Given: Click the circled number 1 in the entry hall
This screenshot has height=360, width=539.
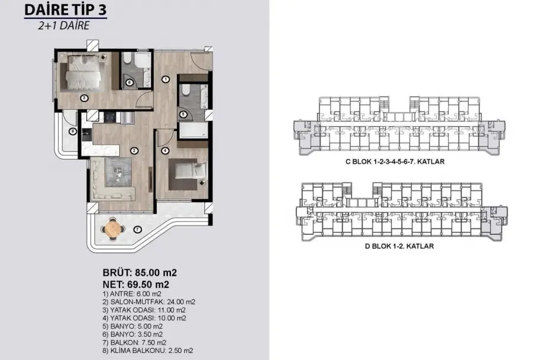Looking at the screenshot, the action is tap(166, 79).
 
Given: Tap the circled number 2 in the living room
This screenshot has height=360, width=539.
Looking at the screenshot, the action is tap(134, 151).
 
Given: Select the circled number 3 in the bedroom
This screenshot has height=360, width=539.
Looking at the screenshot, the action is tap(84, 98).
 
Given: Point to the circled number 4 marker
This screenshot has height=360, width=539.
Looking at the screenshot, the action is tap(166, 151).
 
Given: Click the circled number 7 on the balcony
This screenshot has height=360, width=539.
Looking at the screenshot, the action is tap(137, 230).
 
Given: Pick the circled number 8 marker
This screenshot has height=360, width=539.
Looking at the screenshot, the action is tap(72, 131).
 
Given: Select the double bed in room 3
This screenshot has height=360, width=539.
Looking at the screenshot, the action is tap(84, 72).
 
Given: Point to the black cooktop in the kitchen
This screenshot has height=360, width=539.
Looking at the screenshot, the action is tap(110, 117).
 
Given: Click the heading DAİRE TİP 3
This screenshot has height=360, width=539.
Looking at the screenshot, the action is tap(65, 10).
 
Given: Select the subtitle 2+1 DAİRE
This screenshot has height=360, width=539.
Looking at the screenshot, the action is tap(64, 26).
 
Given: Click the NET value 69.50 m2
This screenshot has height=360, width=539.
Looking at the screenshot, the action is tap(148, 285).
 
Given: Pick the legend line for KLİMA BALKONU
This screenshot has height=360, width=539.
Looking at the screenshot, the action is tap(148, 351).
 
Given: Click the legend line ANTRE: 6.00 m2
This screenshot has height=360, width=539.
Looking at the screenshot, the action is tap(132, 294).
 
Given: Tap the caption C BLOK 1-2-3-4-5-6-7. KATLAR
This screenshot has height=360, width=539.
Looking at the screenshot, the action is tap(395, 161).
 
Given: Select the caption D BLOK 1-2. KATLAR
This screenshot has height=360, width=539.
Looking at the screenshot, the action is tap(399, 246).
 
